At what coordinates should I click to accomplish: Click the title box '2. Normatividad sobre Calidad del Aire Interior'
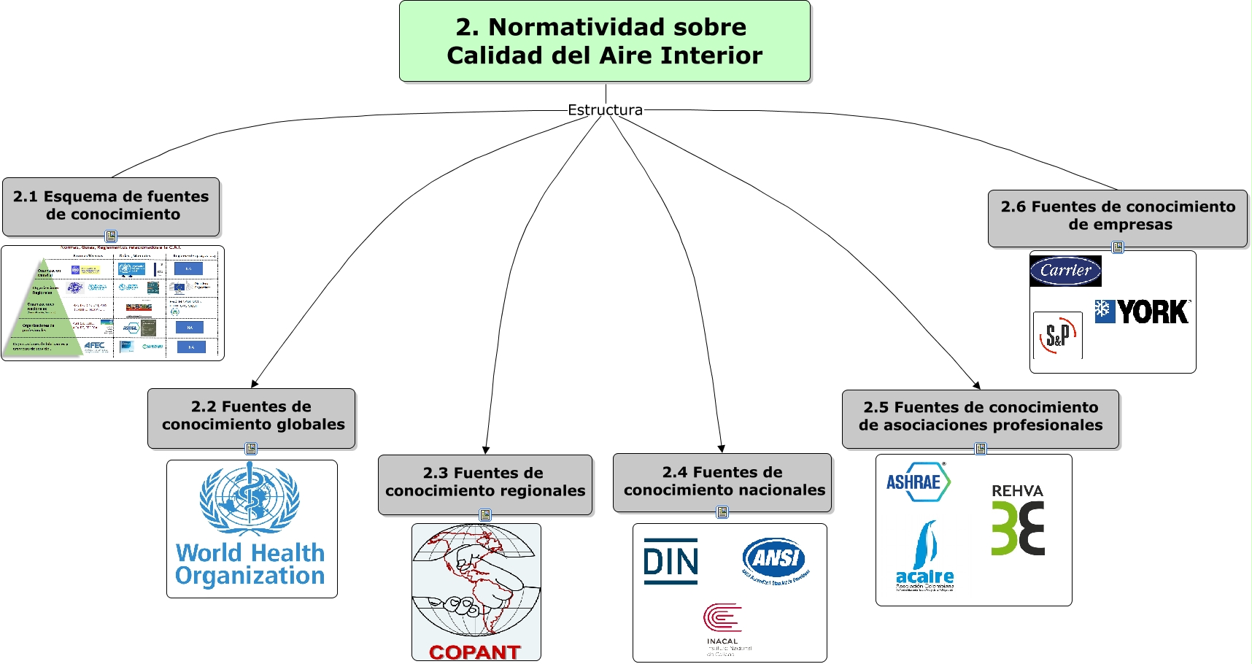(x=604, y=41)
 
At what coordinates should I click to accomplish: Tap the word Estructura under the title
(x=605, y=110)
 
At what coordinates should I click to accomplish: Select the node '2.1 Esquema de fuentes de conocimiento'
(x=111, y=206)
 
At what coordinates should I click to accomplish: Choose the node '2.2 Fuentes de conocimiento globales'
(x=252, y=416)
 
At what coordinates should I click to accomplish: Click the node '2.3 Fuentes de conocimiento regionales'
(x=485, y=482)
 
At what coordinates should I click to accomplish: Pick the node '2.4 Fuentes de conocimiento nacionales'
(x=723, y=482)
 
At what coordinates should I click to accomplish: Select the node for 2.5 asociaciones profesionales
(x=980, y=417)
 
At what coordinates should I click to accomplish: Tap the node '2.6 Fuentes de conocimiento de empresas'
(x=1118, y=216)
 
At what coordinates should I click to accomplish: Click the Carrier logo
(x=1065, y=271)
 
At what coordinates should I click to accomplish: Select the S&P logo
(x=1058, y=336)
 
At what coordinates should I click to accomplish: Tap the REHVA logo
(x=1018, y=520)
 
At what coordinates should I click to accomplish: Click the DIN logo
(x=671, y=561)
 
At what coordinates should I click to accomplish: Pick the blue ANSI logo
(x=776, y=559)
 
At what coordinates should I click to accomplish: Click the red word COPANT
(x=475, y=652)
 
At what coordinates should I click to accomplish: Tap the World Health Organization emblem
(x=250, y=498)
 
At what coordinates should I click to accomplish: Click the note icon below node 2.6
(x=1117, y=247)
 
